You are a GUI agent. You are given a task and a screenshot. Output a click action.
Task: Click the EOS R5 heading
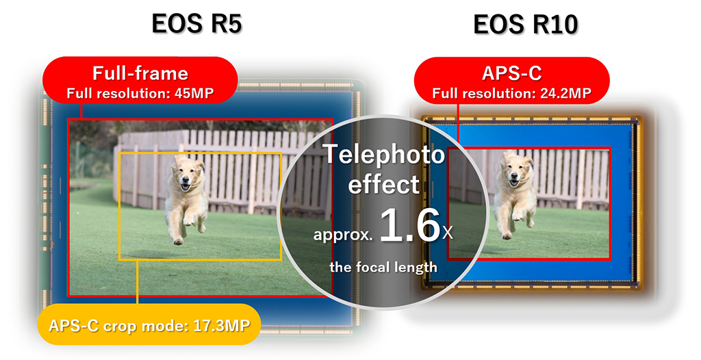click(196, 24)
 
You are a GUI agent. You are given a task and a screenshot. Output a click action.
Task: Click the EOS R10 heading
click(525, 25)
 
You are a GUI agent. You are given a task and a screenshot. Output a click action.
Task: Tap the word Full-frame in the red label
click(140, 73)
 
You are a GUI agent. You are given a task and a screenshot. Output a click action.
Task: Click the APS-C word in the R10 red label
click(511, 74)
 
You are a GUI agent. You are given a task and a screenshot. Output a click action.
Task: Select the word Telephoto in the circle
click(383, 155)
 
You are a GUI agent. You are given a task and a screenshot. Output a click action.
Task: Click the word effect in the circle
click(383, 183)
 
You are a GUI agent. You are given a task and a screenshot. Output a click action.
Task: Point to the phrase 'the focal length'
click(383, 267)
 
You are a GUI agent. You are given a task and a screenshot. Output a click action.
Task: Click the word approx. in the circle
click(343, 234)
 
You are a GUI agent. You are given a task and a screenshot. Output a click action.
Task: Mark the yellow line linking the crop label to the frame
click(137, 282)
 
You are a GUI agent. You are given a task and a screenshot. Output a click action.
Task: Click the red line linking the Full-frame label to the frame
click(81, 111)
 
